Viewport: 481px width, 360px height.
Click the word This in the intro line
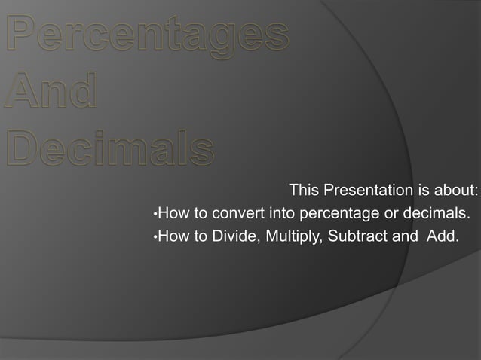304,188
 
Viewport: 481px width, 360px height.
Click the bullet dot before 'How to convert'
154,214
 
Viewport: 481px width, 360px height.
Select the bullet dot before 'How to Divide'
154,239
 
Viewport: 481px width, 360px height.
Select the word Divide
236,238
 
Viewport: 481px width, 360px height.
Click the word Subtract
358,238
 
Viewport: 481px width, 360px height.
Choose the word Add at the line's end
443,238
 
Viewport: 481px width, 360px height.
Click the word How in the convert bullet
173,213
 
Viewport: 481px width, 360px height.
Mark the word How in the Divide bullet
173,238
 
